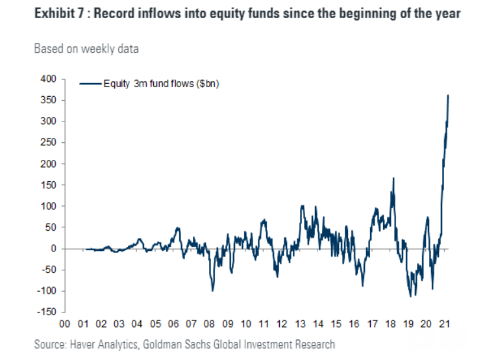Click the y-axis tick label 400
pyautogui.click(x=48, y=79)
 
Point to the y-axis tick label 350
pyautogui.click(x=48, y=100)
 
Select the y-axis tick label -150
pyautogui.click(x=47, y=311)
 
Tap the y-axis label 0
pyautogui.click(x=54, y=248)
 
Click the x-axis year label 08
pyautogui.click(x=209, y=324)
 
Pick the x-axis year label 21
pyautogui.click(x=445, y=324)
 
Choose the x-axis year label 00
pyautogui.click(x=65, y=324)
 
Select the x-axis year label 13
pyautogui.click(x=300, y=324)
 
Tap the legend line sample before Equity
pyautogui.click(x=90, y=84)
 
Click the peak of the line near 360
pyautogui.click(x=448, y=95)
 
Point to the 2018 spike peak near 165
pyautogui.click(x=393, y=177)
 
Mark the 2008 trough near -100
pyautogui.click(x=212, y=290)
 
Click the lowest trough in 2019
pyautogui.click(x=411, y=296)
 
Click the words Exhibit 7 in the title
pyautogui.click(x=59, y=14)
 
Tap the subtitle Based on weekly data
pyautogui.click(x=86, y=49)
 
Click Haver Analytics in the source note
pyautogui.click(x=104, y=344)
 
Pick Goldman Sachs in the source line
pyautogui.click(x=177, y=344)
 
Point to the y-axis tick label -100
pyautogui.click(x=47, y=290)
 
